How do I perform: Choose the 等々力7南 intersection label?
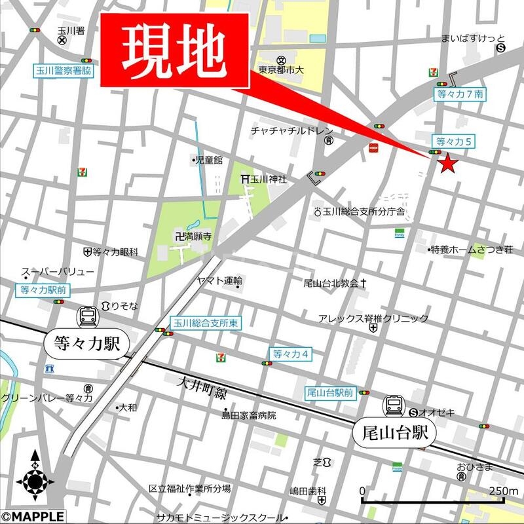pos(460,94)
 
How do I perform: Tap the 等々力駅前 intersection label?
pos(45,289)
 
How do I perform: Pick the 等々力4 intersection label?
pos(290,354)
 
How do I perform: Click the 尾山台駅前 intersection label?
pos(329,393)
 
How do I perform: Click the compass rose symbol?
pos(34,481)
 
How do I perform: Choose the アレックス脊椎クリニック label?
pos(373,318)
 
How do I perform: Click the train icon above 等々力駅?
pos(86,318)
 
